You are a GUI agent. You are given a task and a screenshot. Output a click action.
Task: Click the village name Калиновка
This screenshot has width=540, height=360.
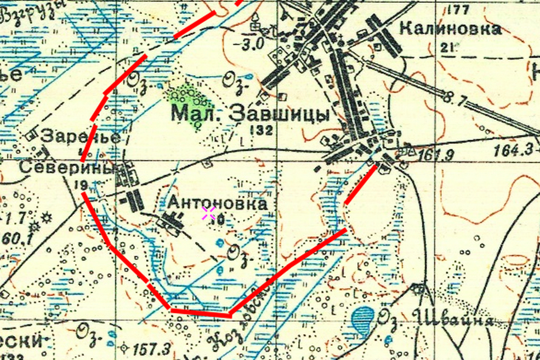coord(450,29)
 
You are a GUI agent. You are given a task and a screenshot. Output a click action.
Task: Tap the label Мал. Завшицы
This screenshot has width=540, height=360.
coord(250,113)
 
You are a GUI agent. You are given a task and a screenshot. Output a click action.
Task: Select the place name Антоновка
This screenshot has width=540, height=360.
coord(218,204)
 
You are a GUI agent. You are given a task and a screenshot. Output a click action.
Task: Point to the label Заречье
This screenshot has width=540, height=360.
coord(81,136)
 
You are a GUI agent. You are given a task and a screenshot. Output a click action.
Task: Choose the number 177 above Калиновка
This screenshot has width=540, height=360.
coord(459,9)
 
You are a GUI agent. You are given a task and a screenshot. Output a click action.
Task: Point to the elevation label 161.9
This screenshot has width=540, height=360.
coord(435,155)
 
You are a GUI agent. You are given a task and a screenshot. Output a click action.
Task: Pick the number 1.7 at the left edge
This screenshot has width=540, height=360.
coord(15,217)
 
